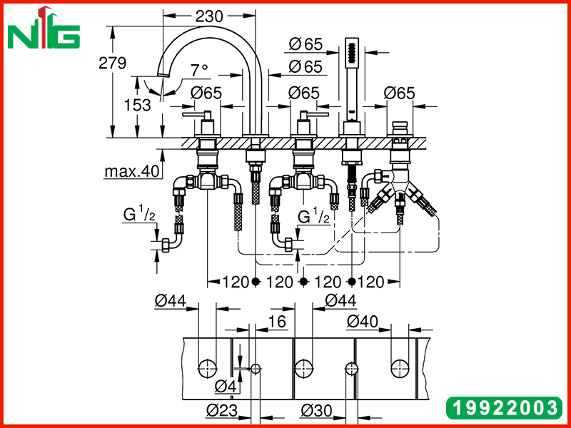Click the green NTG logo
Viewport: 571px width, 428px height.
click(x=44, y=29)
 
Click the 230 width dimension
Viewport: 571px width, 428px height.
click(x=208, y=16)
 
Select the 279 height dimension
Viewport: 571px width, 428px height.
click(x=113, y=63)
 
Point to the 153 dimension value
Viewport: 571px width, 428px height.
click(x=137, y=105)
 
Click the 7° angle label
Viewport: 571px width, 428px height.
click(x=200, y=70)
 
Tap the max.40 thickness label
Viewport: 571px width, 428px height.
click(x=132, y=171)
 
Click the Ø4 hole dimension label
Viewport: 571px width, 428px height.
click(x=225, y=387)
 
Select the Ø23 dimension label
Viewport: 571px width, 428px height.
click(x=222, y=411)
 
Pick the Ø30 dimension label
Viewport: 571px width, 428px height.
click(x=316, y=411)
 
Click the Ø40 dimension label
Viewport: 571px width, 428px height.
click(x=363, y=322)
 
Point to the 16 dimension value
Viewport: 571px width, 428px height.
click(x=277, y=322)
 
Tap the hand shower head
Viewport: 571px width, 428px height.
click(x=351, y=52)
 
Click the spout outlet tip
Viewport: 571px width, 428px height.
click(x=163, y=74)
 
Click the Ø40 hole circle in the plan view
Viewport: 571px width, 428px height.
click(x=400, y=369)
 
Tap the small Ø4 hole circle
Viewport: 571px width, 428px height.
click(x=256, y=369)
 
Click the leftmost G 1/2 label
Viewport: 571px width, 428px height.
click(x=139, y=215)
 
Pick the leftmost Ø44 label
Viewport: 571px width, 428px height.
click(x=171, y=301)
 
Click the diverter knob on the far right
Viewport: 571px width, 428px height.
click(x=400, y=128)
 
